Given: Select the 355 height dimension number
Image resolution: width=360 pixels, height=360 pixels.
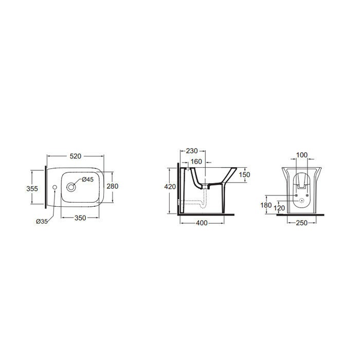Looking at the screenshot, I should [32, 188].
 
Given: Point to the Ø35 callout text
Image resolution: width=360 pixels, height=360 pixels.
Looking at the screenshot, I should [42, 221].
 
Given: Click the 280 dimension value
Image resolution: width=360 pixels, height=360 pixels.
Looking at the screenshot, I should [113, 186].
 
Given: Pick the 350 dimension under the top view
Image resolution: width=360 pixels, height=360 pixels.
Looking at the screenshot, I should [80, 218].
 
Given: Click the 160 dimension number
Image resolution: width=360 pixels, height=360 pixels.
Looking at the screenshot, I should [196, 162].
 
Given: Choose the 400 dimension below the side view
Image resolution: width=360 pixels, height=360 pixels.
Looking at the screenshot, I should [202, 222].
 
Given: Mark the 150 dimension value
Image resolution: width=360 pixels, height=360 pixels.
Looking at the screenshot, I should [245, 175].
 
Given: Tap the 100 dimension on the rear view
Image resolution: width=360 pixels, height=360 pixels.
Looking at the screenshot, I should [302, 155].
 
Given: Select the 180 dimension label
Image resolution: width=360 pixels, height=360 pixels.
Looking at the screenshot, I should [266, 205].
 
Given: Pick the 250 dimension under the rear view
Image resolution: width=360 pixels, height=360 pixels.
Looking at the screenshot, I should [302, 222].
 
